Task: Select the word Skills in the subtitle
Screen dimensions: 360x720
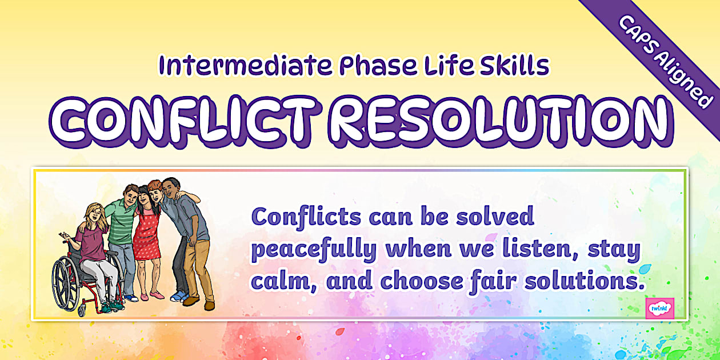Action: (514, 66)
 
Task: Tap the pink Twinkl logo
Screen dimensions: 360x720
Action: (659, 309)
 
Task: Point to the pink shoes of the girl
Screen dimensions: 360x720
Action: (150, 295)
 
